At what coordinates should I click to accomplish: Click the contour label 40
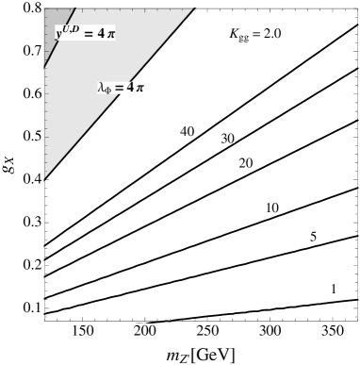187,130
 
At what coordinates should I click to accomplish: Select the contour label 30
227,138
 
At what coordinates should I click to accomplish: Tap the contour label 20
245,162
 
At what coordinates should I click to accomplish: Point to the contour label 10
271,207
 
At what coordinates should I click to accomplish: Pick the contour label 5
313,236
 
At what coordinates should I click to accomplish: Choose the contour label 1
333,288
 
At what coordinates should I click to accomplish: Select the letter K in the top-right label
235,33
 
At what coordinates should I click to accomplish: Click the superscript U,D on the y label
73,28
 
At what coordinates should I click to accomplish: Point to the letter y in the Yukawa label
59,34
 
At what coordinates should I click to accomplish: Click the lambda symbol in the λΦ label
101,87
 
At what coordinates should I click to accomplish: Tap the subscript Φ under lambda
108,90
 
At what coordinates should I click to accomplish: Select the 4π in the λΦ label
136,87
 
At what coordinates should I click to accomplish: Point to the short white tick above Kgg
229,15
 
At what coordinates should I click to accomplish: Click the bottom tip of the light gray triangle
44,177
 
